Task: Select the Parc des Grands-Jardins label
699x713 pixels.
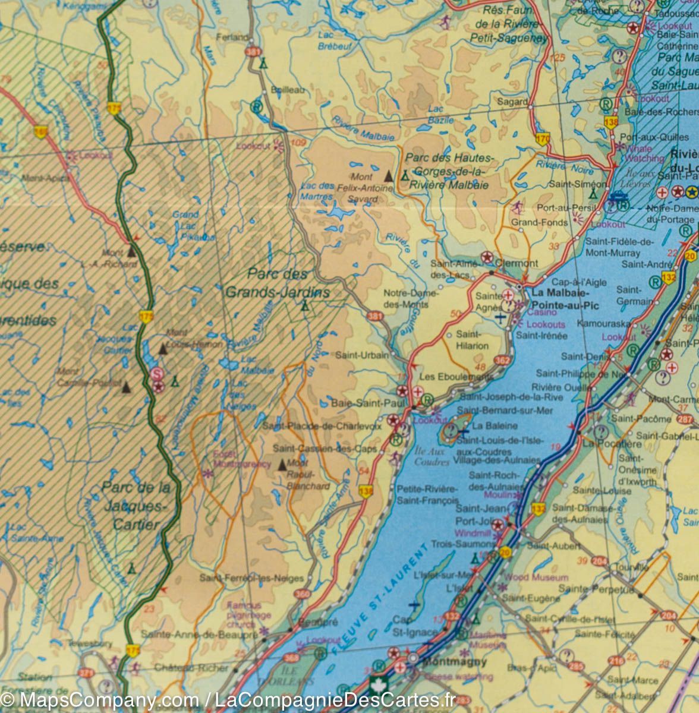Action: pos(278,283)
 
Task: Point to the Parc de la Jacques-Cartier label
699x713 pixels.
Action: pos(134,506)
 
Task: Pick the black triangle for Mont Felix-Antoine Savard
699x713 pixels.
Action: pos(389,176)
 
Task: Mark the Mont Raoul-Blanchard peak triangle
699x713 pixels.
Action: pos(282,464)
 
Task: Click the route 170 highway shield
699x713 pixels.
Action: pos(542,139)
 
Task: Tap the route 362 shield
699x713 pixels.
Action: pos(502,360)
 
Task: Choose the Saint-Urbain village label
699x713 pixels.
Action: pos(363,355)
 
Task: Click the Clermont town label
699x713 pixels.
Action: pos(517,263)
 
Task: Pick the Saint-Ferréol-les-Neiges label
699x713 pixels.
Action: pos(251,578)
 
